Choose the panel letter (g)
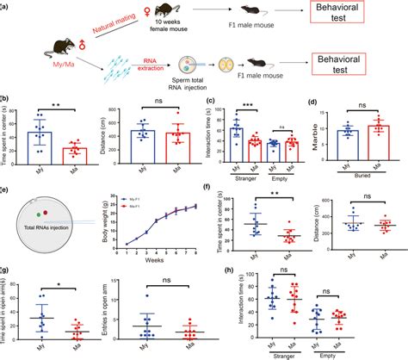tap(6, 270)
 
